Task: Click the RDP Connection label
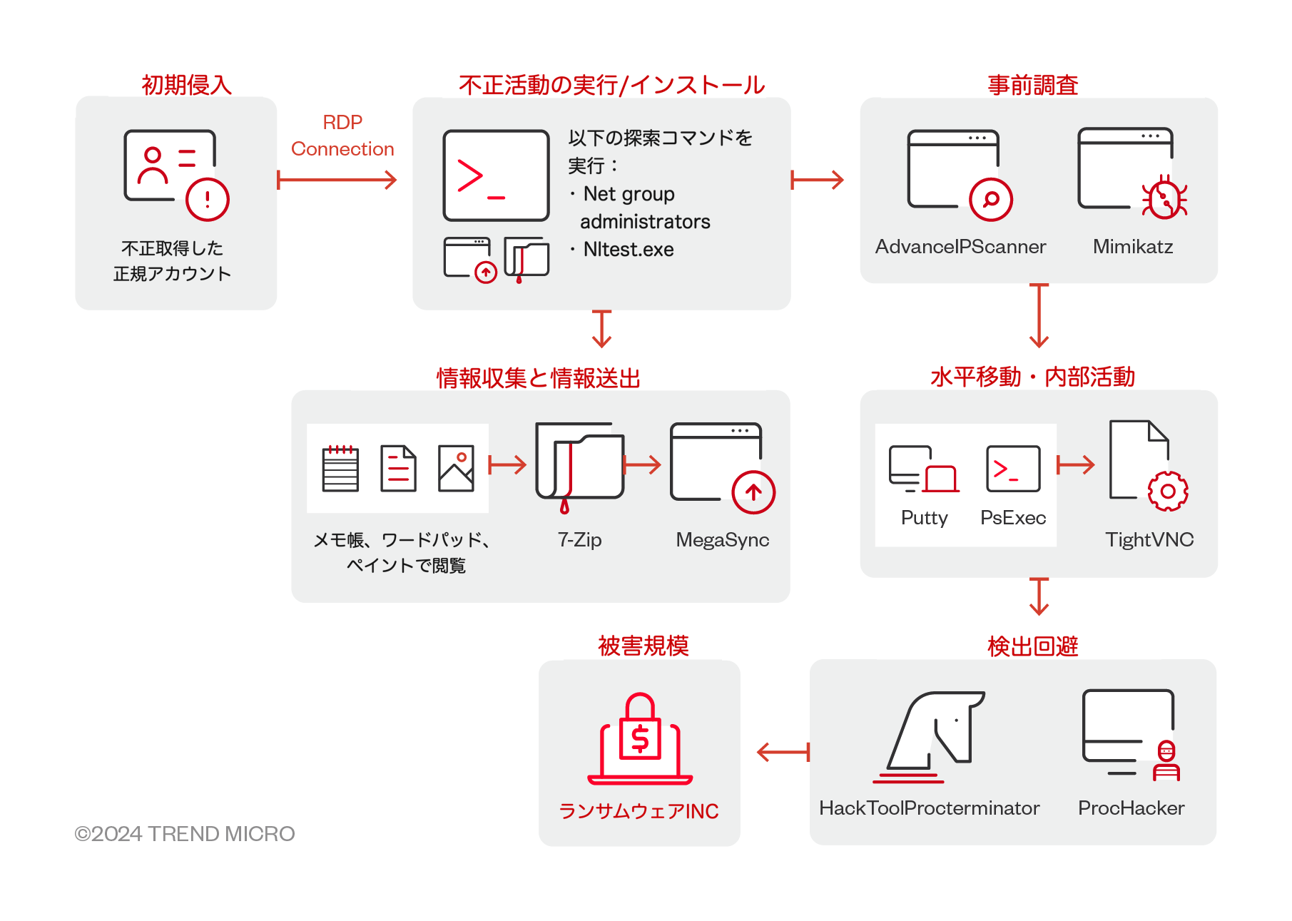[342, 136]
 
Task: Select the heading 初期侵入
[187, 85]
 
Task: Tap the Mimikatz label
[1132, 247]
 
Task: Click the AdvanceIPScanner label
[960, 247]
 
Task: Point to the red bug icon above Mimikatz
[1164, 198]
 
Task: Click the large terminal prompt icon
[496, 175]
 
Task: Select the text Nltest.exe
[628, 250]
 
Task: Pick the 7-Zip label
[579, 540]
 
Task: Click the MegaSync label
[722, 540]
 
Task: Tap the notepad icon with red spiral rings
[340, 469]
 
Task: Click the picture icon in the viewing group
[456, 469]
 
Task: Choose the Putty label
[924, 518]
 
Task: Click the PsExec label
[1012, 518]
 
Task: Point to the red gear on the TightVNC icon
[1167, 491]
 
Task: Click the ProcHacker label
[1131, 808]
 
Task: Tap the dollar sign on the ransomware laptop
[640, 738]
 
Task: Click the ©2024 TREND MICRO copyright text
[185, 834]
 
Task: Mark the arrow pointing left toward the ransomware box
[783, 751]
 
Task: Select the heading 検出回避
[1032, 646]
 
